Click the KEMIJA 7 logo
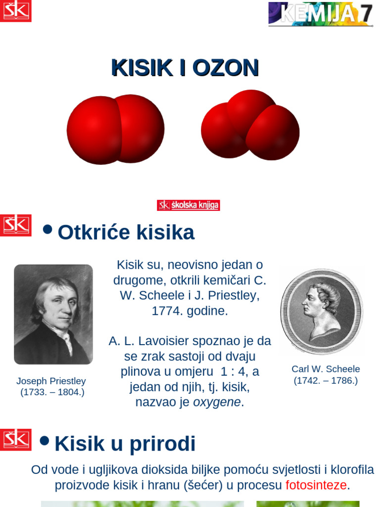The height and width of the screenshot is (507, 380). pos(321,14)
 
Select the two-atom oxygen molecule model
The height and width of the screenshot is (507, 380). pos(115,129)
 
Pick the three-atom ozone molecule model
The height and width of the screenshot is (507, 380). pos(250,125)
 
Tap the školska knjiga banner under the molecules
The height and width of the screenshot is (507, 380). pos(189,205)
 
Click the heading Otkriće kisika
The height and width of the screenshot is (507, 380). pos(126,232)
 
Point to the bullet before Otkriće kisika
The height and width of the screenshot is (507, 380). pos(47,229)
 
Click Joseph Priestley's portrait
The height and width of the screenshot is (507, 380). pos(53,314)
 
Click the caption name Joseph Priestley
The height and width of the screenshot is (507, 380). pos(51,381)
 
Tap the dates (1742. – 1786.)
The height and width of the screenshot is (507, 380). pos(326,381)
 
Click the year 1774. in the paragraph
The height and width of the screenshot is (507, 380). pos(167,311)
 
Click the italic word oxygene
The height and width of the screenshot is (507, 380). pos(217,402)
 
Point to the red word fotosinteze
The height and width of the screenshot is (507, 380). pos(316,485)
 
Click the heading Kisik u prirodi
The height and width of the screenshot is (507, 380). pos(125,444)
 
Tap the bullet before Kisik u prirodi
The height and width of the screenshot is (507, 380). pos(45,441)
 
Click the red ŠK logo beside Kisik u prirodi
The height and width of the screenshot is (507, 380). pos(16,440)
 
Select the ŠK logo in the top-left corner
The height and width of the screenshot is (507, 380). pos(16,11)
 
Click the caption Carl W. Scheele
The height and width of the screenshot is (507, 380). pos(326,369)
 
